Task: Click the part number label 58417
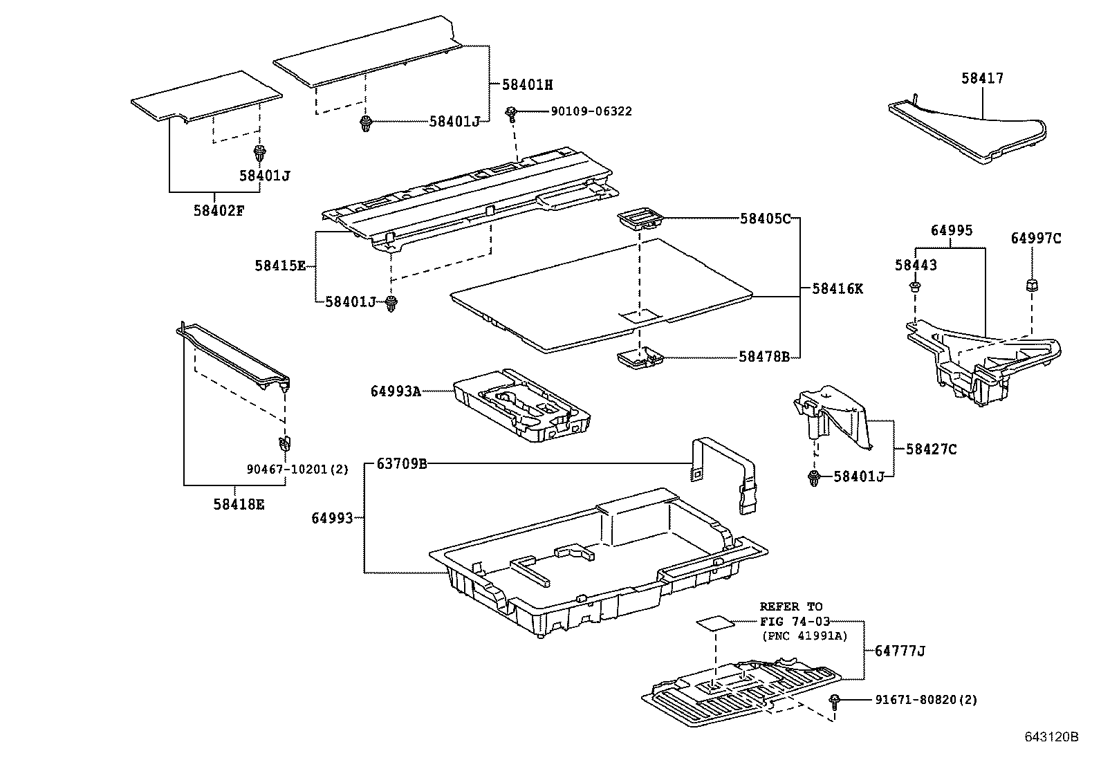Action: tap(981, 79)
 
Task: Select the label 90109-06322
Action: tap(591, 111)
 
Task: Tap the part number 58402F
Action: tap(218, 210)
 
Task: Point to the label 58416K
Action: tap(837, 288)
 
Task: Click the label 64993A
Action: tap(395, 391)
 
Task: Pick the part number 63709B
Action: tap(401, 463)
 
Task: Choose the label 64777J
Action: tap(899, 650)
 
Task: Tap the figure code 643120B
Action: tap(1051, 736)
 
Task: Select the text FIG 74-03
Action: tap(795, 621)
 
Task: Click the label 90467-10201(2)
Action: tap(297, 469)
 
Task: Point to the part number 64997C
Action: tap(1035, 239)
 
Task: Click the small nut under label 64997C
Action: tap(1031, 284)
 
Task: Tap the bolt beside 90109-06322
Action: tap(512, 113)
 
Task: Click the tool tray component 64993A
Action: tap(522, 407)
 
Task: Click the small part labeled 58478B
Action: tap(639, 358)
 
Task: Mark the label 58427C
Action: tap(931, 449)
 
